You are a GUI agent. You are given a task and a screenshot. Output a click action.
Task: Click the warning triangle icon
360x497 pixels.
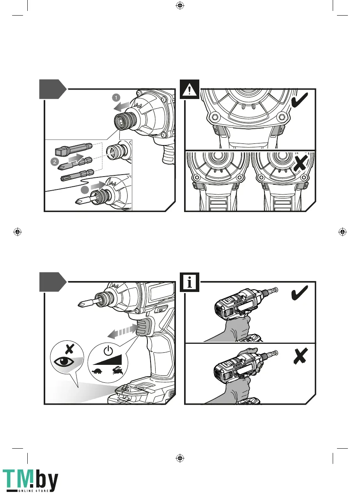190,89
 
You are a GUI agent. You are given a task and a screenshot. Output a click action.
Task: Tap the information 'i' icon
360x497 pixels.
190,282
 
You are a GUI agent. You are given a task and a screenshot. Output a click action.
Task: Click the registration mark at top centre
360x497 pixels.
180,5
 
